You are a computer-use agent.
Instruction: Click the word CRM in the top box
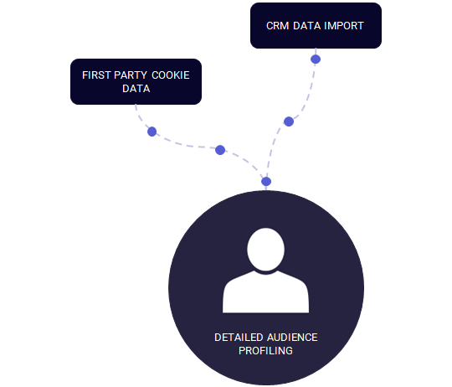(x=277, y=26)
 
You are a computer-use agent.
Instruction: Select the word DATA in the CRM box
(x=306, y=26)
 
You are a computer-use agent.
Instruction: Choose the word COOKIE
(x=171, y=75)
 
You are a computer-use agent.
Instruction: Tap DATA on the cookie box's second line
(x=136, y=89)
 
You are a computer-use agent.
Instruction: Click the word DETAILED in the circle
(x=239, y=338)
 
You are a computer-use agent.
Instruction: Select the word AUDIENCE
(x=292, y=338)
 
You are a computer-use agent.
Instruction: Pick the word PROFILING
(x=266, y=351)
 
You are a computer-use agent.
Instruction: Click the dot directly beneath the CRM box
(x=316, y=59)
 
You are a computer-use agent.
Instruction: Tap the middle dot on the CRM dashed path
(x=289, y=121)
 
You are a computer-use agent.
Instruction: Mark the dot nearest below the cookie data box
(x=152, y=132)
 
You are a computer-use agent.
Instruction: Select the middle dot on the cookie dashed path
(x=220, y=150)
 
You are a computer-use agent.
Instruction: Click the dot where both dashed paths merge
(x=266, y=182)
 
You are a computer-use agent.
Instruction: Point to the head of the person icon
(x=266, y=250)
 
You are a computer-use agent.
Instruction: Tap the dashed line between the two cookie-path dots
(x=186, y=146)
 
